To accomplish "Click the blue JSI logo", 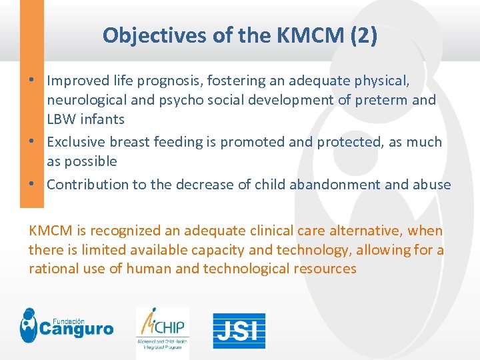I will (x=239, y=331).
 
